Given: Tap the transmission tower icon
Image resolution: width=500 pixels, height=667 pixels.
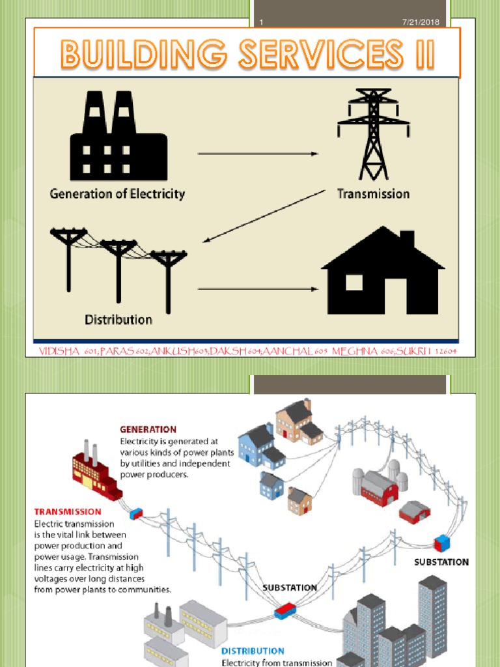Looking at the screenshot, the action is (373, 134).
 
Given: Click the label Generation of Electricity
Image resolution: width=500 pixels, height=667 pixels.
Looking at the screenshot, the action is (117, 194).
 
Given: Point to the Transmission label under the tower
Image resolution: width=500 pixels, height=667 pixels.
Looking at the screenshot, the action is (373, 193).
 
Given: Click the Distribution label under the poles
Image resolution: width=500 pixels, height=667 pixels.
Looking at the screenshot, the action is (118, 320).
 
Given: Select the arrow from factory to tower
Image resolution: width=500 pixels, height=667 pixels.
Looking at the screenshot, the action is (258, 154).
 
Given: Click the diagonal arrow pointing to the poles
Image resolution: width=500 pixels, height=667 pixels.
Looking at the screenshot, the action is (264, 216).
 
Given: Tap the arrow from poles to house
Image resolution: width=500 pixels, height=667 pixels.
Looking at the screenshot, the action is (258, 289).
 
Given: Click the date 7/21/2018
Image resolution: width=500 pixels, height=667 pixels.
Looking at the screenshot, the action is (421, 22).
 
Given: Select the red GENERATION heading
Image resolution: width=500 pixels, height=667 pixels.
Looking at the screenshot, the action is (148, 429).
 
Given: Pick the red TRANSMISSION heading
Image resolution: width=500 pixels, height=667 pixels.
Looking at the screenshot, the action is (68, 512).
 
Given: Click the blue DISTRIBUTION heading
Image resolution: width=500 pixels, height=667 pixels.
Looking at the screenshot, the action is (253, 651).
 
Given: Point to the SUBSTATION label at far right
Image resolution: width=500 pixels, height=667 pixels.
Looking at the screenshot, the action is (441, 562).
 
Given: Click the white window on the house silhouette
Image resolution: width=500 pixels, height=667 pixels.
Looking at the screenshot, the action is (354, 282).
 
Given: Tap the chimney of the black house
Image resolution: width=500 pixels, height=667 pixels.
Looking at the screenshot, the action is (407, 239).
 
